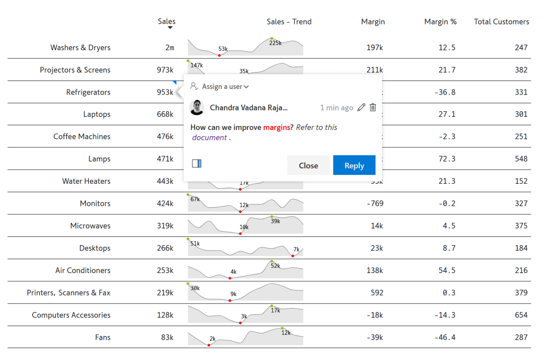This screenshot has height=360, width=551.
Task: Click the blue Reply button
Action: click(x=354, y=165)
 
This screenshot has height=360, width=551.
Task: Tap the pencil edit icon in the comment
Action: click(x=361, y=107)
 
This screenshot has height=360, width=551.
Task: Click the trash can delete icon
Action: click(x=373, y=107)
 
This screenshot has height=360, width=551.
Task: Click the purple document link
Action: click(x=209, y=137)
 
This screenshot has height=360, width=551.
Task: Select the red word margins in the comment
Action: click(x=277, y=127)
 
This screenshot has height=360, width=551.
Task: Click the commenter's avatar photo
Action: click(x=197, y=107)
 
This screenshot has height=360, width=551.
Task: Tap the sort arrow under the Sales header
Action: click(x=170, y=28)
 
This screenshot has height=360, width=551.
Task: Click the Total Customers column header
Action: click(x=501, y=22)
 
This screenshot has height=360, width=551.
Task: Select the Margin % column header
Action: click(x=440, y=22)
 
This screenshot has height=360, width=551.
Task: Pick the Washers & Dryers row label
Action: click(x=80, y=47)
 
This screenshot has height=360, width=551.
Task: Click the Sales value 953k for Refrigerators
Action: click(x=165, y=92)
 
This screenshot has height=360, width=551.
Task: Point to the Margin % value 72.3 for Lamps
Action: click(x=447, y=159)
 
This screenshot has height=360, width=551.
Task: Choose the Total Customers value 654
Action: click(x=521, y=315)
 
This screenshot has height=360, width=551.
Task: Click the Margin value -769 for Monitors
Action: click(x=375, y=204)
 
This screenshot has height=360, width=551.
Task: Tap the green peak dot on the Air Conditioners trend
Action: click(x=272, y=261)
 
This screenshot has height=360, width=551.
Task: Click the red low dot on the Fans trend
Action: click(x=209, y=345)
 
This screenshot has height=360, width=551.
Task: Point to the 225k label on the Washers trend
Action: click(x=275, y=43)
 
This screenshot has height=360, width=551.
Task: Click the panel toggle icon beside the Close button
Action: click(x=197, y=164)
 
